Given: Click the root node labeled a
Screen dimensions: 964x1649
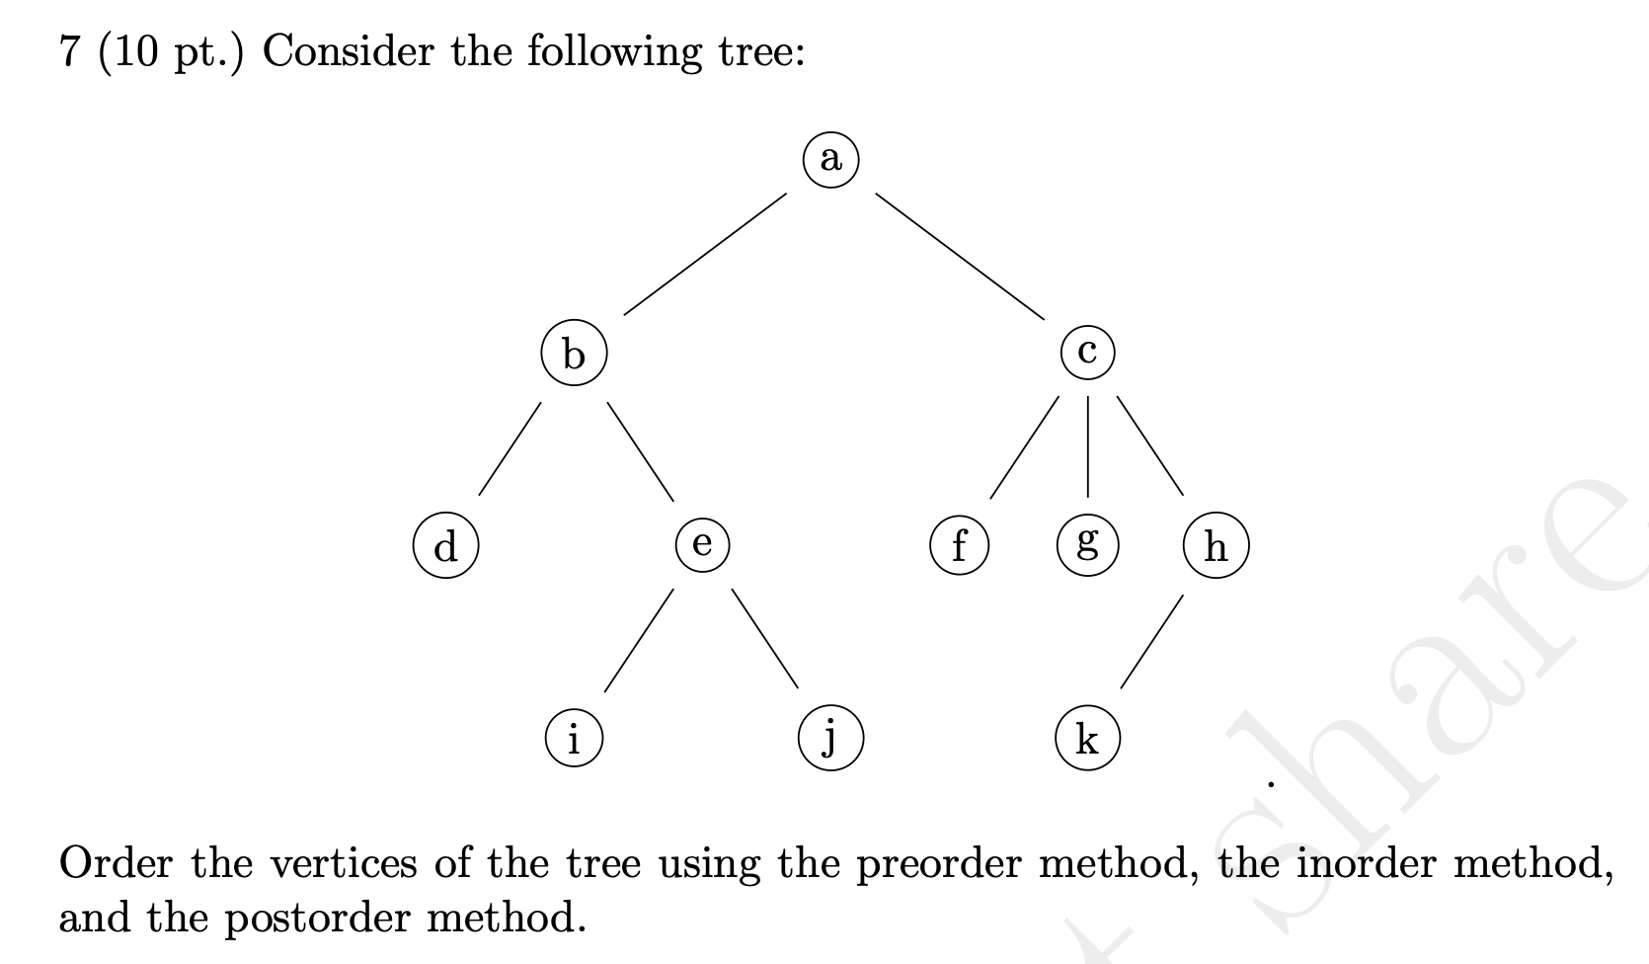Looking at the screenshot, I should click(830, 159).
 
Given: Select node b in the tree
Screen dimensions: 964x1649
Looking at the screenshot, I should click(574, 353).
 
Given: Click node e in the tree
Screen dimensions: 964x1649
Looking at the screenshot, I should click(702, 544).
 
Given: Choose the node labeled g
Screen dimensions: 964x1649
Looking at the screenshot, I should click(1087, 544).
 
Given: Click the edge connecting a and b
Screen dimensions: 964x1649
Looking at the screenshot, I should click(704, 255).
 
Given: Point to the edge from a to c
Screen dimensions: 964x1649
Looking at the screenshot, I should click(959, 255).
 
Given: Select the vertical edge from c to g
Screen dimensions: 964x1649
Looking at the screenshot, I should click(1087, 447).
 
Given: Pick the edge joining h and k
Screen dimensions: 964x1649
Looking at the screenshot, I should click(1151, 642).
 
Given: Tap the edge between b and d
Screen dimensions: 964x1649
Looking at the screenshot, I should click(510, 447).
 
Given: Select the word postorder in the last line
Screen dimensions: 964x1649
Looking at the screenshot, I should click(315, 919).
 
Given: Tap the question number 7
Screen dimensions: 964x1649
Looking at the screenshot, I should click(68, 51).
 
